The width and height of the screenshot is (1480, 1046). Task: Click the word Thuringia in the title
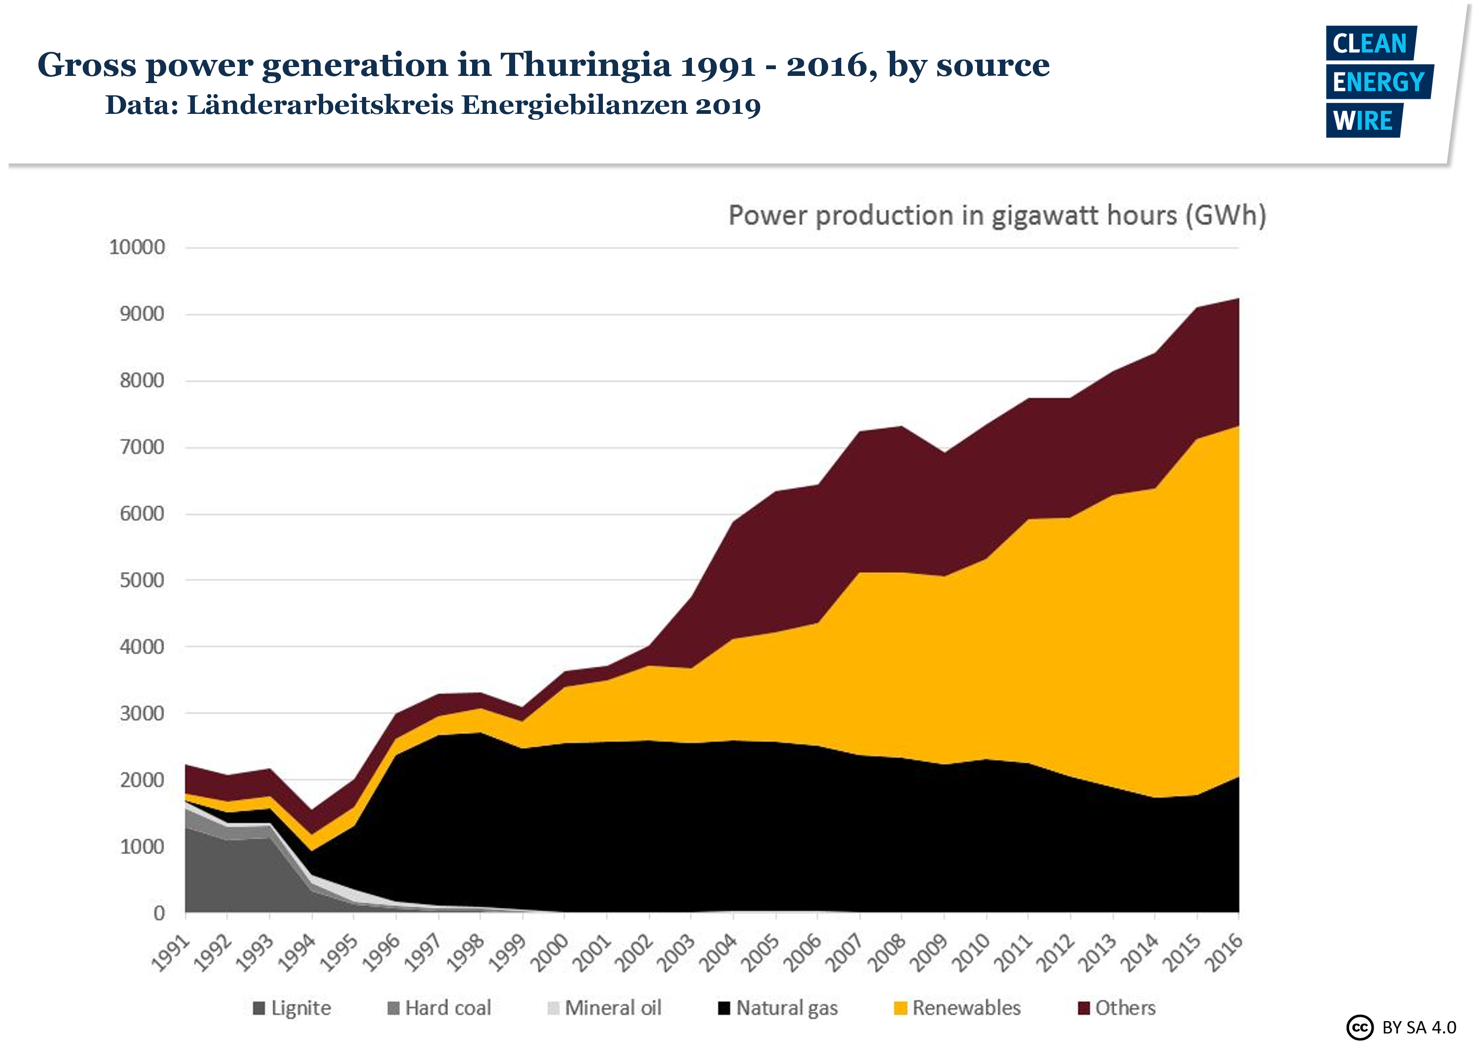(585, 65)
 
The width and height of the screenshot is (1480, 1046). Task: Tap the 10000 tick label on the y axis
(137, 248)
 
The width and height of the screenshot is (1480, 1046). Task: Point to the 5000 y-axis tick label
(142, 580)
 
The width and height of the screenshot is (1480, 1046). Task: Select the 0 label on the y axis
(159, 913)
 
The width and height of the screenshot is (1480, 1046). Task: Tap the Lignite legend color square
(259, 1008)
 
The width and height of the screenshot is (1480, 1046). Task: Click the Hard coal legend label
(448, 1008)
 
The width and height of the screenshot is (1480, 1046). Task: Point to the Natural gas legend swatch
(724, 1008)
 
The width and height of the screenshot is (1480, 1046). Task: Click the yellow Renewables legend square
(900, 1008)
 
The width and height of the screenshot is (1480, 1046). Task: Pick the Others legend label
(1126, 1008)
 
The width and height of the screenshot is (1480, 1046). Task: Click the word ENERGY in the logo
(1379, 82)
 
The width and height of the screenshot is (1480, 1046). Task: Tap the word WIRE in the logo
(1363, 121)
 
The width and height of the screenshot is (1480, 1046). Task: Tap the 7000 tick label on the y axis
(142, 447)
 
